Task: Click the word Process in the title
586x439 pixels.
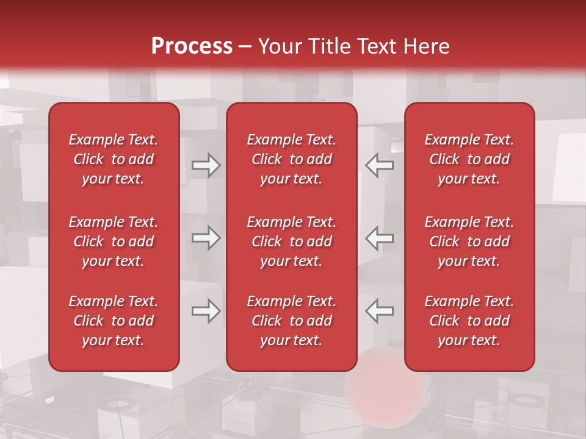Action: [x=192, y=46]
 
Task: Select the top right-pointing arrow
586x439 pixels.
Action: [x=206, y=165]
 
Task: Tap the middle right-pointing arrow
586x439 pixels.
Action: [x=206, y=238]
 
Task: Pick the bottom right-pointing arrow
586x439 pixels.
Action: [x=206, y=311]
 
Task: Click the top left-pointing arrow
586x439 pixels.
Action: [x=379, y=165]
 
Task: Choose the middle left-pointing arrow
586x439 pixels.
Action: [x=379, y=238]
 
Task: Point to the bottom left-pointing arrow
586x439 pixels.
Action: [x=379, y=311]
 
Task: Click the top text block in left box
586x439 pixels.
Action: [x=114, y=159]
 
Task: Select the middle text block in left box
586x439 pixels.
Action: [x=114, y=241]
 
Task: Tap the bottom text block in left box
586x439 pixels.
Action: [x=114, y=321]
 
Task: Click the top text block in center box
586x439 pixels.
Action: [x=291, y=159]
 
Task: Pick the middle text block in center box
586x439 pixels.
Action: [x=291, y=241]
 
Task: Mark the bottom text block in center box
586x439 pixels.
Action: [x=291, y=321]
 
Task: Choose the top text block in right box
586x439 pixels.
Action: [x=469, y=159]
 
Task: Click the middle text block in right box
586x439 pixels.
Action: [x=469, y=241]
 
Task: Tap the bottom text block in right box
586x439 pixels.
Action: [x=469, y=321]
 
